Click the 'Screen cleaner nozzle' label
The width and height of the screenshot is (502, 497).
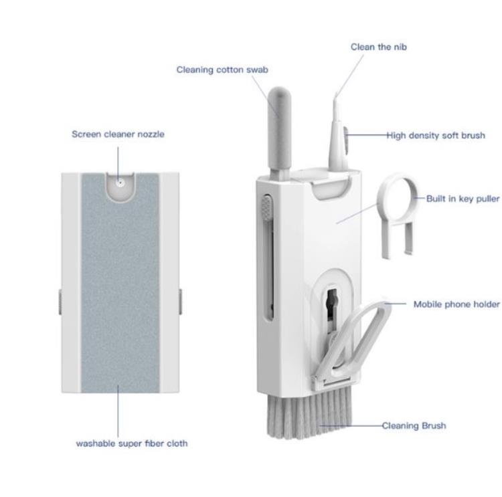click(x=118, y=134)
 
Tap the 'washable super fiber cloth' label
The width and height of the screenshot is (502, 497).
click(x=132, y=443)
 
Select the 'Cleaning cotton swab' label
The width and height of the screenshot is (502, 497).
click(x=222, y=70)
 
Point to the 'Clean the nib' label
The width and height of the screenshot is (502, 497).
click(x=379, y=47)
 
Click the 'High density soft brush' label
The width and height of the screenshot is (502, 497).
click(x=436, y=135)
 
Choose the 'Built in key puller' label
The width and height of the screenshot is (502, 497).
click(x=463, y=199)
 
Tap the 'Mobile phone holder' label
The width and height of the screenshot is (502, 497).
click(x=456, y=304)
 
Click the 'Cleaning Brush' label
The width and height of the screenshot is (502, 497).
click(x=414, y=425)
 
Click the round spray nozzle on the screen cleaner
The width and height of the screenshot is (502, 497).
click(x=120, y=183)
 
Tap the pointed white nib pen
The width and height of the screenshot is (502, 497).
click(x=337, y=134)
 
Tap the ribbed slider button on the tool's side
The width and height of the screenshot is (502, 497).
click(x=266, y=207)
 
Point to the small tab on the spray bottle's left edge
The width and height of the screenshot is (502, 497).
click(x=60, y=302)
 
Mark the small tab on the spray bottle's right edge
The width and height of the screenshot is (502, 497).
click(x=181, y=302)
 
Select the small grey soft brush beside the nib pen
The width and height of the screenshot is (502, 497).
click(x=346, y=140)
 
